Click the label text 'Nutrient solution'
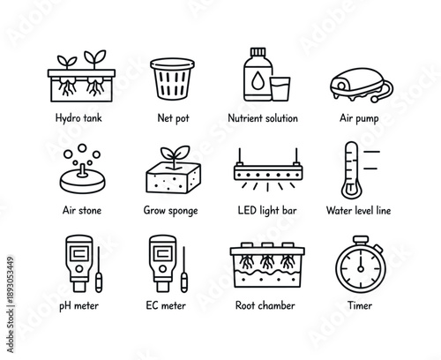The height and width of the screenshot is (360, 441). [x=263, y=118]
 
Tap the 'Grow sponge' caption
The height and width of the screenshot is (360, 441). [x=170, y=212]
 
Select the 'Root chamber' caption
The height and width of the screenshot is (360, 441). [x=265, y=306]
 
